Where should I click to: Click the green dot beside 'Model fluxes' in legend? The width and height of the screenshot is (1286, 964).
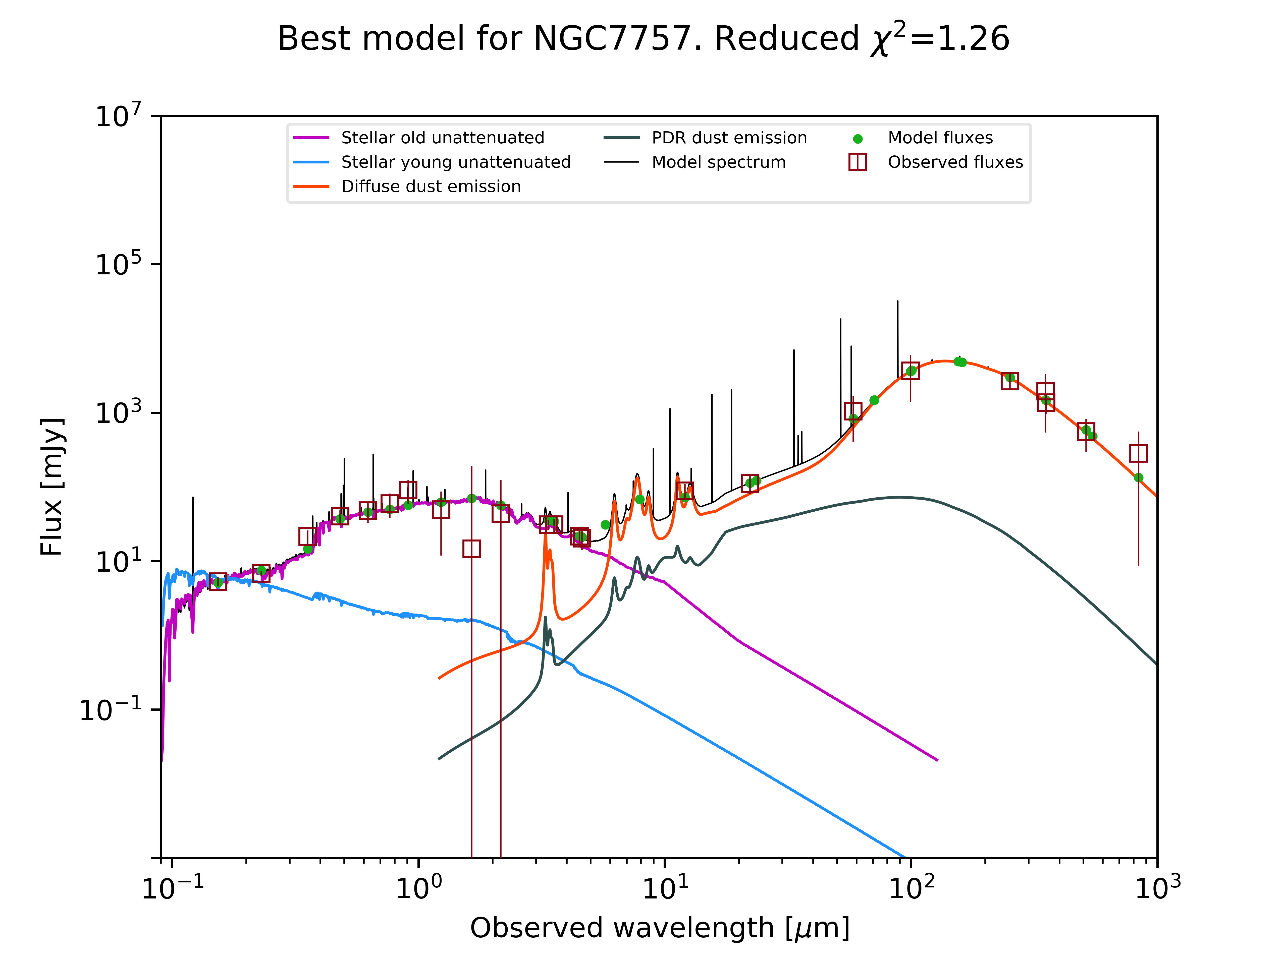coord(858,139)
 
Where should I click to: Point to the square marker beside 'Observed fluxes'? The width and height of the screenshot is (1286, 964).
coord(858,162)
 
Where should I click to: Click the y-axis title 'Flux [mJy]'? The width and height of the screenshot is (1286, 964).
coord(51,487)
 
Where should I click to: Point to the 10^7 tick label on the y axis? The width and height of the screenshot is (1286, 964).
coord(118,116)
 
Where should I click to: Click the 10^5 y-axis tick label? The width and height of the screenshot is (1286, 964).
coord(118,264)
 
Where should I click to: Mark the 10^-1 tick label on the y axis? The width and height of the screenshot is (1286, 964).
coord(111,709)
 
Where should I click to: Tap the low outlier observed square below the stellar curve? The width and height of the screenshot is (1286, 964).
coord(471,549)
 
